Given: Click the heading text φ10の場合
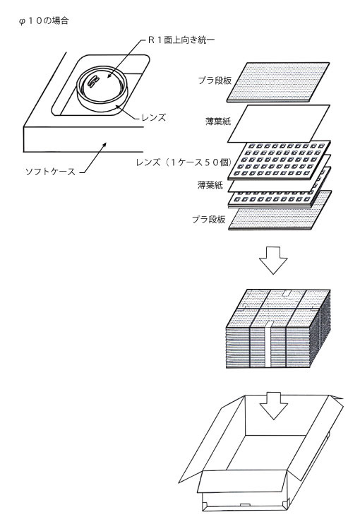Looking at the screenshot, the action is (x=44, y=21).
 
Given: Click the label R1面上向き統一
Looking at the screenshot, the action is (x=181, y=40).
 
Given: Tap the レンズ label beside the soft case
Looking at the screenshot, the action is (x=154, y=118).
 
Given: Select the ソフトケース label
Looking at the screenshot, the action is (x=51, y=172).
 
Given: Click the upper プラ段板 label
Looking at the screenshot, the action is (x=215, y=81).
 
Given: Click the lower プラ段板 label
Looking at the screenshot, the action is (x=209, y=220).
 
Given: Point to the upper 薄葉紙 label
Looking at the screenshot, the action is (x=218, y=121).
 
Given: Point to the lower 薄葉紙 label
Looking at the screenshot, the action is (x=210, y=185).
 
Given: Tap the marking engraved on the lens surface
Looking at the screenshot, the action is (x=92, y=81).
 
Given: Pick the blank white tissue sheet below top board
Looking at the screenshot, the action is (x=278, y=124).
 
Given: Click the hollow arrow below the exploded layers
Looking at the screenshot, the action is (x=273, y=260).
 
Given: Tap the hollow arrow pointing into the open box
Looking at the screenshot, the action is (x=273, y=405).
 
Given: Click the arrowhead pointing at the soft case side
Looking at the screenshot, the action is (x=104, y=145).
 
